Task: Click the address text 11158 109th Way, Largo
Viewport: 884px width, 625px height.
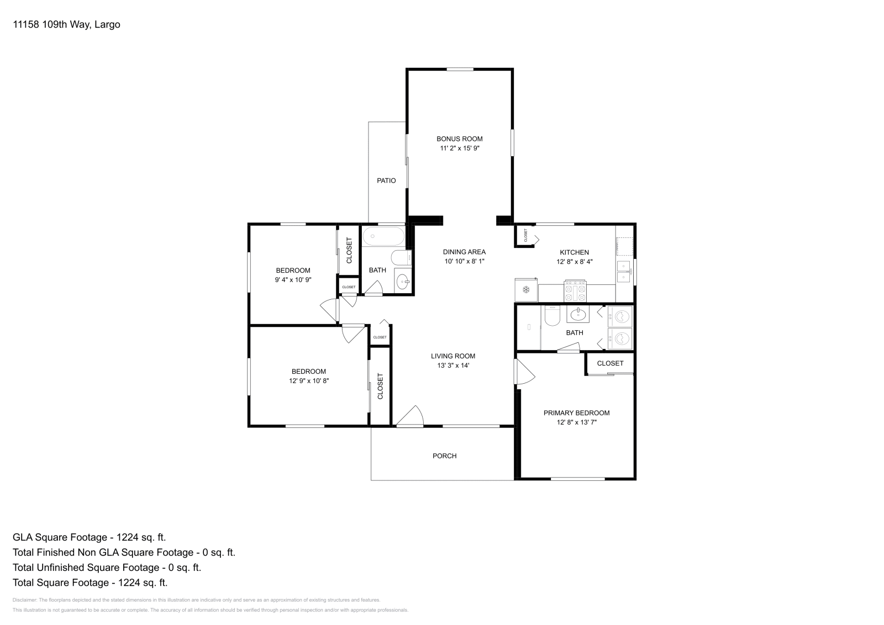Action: tap(66, 24)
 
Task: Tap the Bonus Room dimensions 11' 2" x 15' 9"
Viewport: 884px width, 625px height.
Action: tap(459, 149)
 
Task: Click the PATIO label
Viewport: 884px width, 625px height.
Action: tap(386, 181)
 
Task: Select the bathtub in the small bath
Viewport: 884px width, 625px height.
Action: tap(383, 237)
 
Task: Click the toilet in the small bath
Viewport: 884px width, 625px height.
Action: tap(401, 258)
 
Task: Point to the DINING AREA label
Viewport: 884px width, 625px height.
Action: tap(464, 252)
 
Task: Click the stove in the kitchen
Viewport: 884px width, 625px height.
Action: tap(575, 291)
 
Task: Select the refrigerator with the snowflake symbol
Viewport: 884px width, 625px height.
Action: tap(526, 290)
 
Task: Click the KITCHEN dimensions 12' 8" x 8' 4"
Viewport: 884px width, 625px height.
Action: tap(574, 262)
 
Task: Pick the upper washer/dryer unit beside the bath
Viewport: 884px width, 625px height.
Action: tap(620, 317)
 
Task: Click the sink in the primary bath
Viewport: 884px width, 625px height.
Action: tap(578, 315)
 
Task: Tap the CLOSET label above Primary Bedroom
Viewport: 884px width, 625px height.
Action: tap(610, 363)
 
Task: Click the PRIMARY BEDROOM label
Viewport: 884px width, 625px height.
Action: tap(576, 413)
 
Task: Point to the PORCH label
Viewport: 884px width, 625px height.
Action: tap(444, 456)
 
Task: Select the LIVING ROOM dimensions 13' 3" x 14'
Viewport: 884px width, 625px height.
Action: tap(452, 366)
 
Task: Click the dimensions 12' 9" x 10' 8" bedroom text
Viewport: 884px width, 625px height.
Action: tap(308, 381)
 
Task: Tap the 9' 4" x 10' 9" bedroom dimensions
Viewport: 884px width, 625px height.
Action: tap(293, 280)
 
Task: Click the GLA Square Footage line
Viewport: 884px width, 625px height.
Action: tap(89, 537)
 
